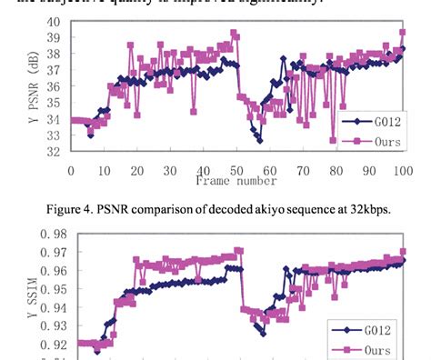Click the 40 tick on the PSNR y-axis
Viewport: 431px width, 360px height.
click(x=53, y=21)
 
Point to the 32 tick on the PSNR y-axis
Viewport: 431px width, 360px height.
click(x=53, y=152)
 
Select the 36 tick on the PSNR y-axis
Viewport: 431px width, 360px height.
click(x=53, y=86)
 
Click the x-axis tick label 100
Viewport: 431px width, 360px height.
click(x=399, y=170)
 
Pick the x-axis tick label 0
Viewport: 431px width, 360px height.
click(x=71, y=170)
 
